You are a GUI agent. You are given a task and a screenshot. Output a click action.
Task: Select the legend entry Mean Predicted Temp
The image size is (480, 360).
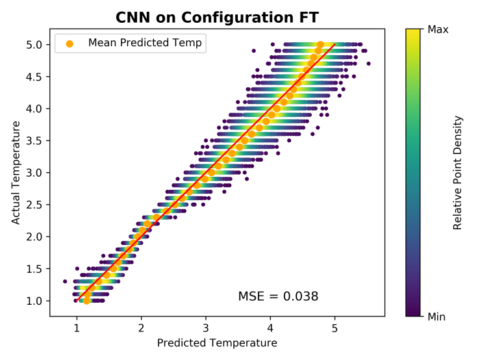click(145, 43)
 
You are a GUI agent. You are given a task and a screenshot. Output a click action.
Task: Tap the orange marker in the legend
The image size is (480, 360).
click(69, 44)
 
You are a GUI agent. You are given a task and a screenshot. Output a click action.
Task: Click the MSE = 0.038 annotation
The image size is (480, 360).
click(278, 296)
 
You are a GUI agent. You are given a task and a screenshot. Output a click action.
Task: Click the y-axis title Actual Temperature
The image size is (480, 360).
click(16, 173)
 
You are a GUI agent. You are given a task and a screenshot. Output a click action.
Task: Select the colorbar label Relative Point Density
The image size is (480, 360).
click(457, 173)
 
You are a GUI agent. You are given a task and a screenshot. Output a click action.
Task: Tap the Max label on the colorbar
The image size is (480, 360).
click(439, 29)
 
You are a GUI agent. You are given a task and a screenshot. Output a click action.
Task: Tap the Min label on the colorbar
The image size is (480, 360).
click(438, 316)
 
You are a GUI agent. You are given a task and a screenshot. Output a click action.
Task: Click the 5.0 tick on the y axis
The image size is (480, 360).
click(34, 45)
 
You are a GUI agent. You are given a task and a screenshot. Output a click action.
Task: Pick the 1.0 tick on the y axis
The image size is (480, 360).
click(34, 301)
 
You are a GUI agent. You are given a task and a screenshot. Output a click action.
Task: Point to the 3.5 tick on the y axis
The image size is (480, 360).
click(34, 140)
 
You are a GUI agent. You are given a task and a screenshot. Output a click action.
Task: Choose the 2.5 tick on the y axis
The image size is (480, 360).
click(34, 205)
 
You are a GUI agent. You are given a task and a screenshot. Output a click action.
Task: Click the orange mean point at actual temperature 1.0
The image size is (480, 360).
click(86, 300)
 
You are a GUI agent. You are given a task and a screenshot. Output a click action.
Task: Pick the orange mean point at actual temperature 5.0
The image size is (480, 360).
click(320, 45)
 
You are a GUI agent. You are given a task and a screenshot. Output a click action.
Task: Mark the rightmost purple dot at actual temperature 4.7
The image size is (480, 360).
click(368, 64)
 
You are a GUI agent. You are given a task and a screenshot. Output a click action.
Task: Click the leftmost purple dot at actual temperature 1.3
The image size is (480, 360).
click(65, 281)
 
